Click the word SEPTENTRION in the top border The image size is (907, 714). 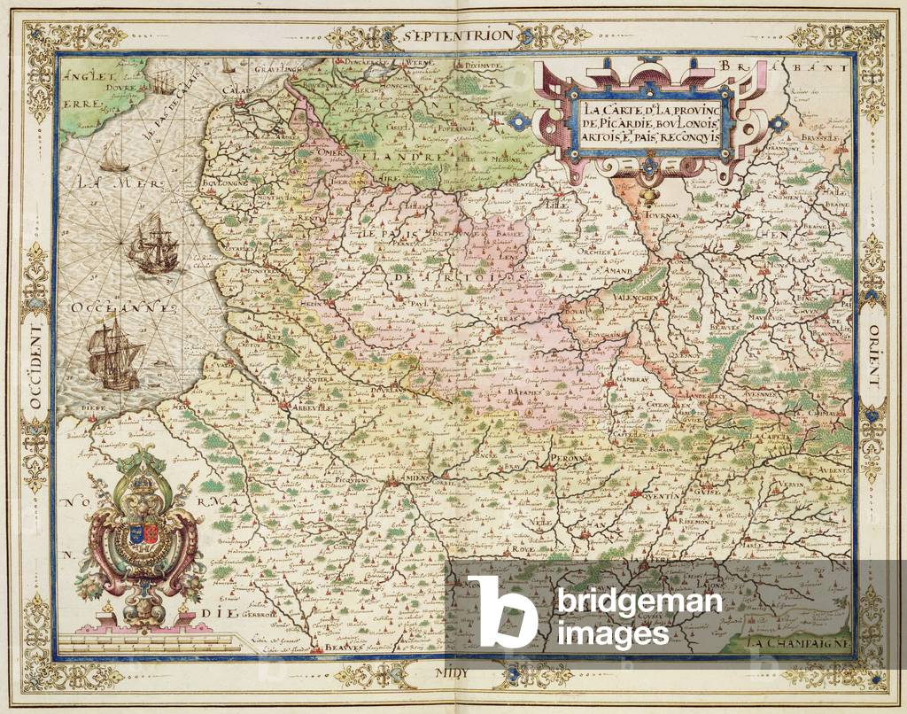(455, 36)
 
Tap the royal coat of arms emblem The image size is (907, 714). (145, 540)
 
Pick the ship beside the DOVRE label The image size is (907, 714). (159, 82)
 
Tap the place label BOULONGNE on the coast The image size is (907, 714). (229, 185)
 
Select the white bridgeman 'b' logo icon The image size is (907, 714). (501, 610)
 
